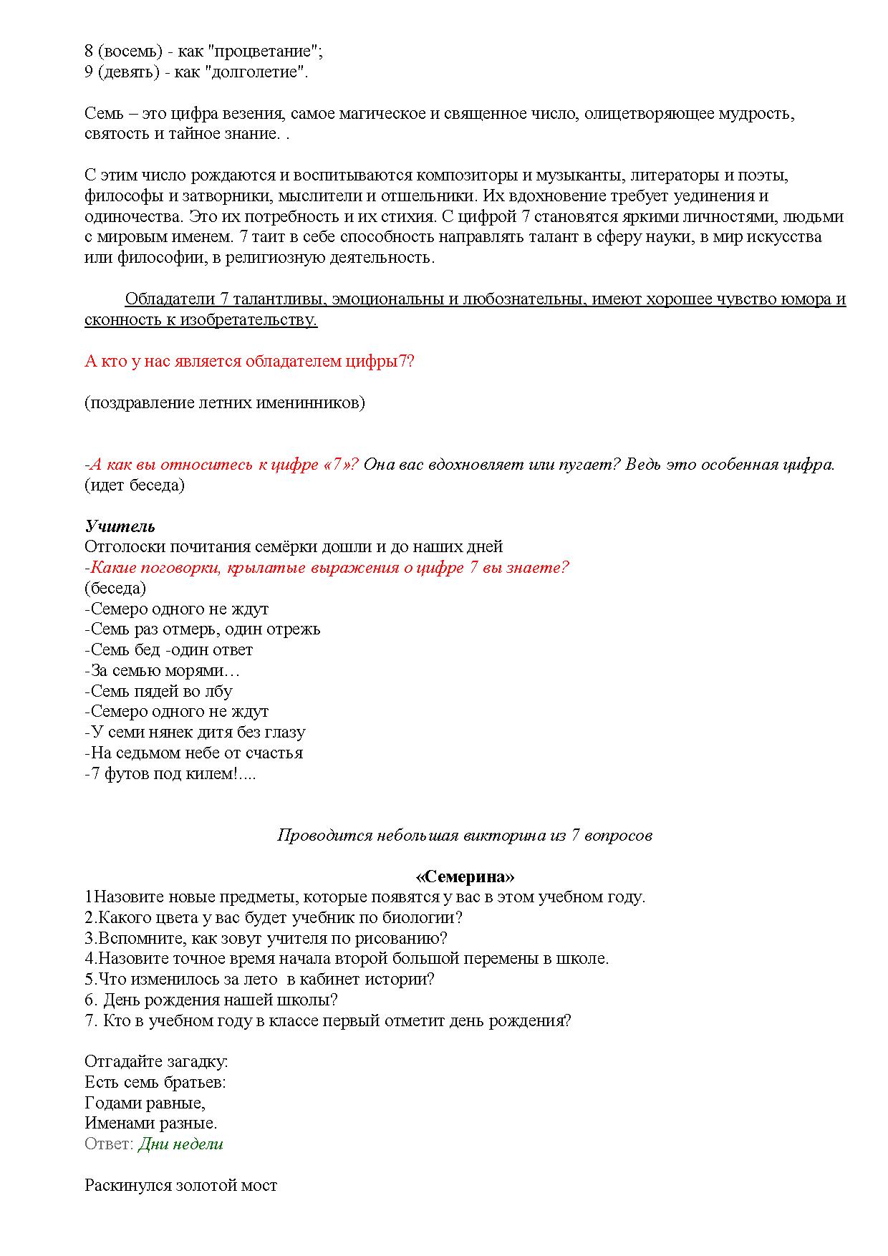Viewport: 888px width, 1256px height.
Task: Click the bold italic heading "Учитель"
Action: [120, 526]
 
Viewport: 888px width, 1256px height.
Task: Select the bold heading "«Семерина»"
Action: [465, 877]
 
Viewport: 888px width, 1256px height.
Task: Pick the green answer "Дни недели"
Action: [180, 1144]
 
